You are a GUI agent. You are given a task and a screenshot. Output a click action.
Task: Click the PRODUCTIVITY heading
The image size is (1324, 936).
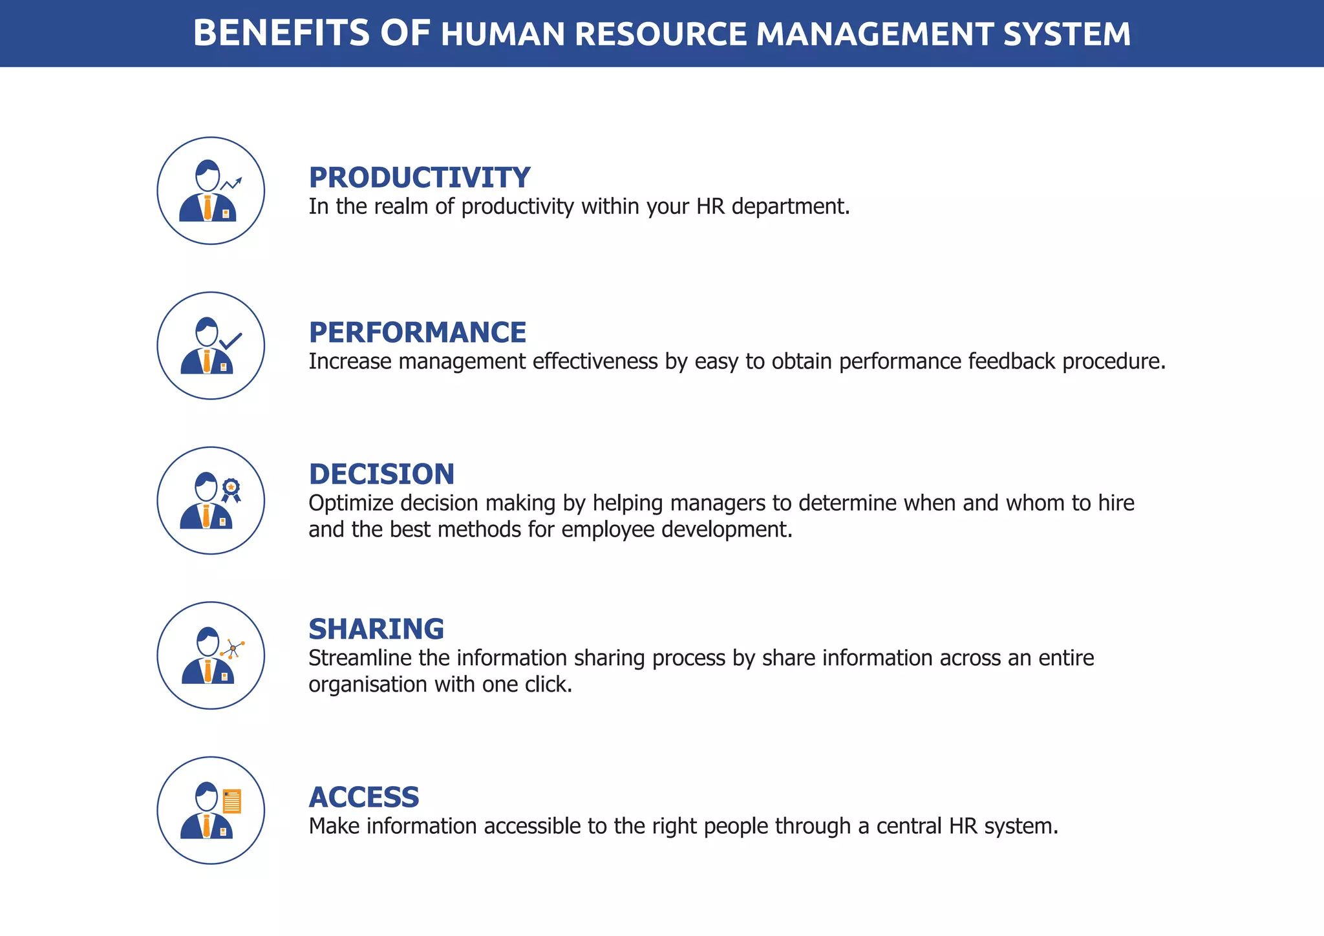click(420, 178)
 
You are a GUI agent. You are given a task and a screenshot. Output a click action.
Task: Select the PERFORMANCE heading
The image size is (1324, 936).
click(418, 333)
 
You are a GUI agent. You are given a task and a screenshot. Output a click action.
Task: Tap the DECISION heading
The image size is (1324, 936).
click(381, 474)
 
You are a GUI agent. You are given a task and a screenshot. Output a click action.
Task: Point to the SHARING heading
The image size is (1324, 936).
click(376, 630)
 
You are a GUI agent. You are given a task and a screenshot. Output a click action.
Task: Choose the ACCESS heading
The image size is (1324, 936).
click(364, 798)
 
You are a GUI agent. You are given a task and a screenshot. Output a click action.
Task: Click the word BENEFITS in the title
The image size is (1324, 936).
click(281, 34)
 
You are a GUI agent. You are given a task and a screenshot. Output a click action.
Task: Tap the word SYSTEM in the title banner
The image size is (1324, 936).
click(1067, 34)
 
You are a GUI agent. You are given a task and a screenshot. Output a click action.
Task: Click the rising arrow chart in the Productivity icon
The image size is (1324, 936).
click(231, 184)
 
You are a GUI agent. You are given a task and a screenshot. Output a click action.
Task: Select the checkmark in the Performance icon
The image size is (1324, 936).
click(231, 341)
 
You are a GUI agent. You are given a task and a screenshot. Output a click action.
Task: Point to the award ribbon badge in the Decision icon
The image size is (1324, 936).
click(231, 490)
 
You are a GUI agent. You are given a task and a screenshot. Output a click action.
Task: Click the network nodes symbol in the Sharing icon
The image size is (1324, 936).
click(233, 648)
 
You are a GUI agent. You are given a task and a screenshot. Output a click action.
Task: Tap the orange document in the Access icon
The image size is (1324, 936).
click(231, 802)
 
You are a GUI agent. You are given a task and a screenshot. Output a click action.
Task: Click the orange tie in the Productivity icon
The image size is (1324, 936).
click(208, 207)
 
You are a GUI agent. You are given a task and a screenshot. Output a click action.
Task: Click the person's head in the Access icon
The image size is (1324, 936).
click(207, 796)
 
